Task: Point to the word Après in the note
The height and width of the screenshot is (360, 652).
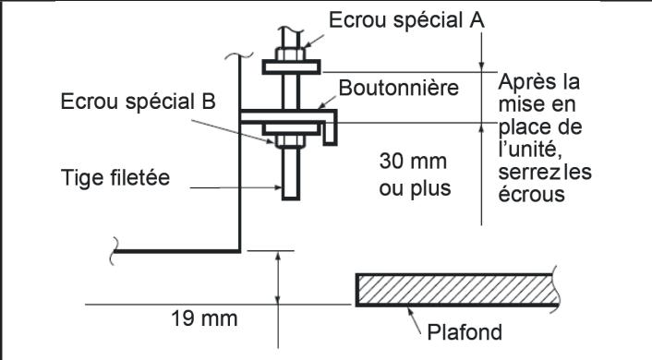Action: pos(522,80)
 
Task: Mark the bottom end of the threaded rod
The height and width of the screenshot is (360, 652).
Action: pos(290,197)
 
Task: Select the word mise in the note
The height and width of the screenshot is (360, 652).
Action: pos(521,103)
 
